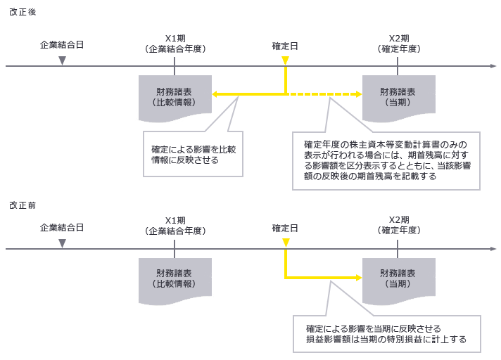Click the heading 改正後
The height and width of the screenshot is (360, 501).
pyautogui.click(x=23, y=13)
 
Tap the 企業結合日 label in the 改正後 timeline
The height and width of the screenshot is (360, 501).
pyautogui.click(x=62, y=45)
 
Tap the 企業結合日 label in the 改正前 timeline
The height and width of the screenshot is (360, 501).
pyautogui.click(x=62, y=228)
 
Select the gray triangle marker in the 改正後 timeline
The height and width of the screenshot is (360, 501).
pyautogui.click(x=62, y=61)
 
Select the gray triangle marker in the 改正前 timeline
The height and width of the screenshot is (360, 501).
pyautogui.click(x=62, y=243)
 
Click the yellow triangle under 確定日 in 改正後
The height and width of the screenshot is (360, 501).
pyautogui.click(x=285, y=61)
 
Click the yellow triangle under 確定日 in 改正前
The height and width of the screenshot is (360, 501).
pyautogui.click(x=285, y=243)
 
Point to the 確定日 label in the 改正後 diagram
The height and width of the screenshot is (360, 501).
pyautogui.click(x=285, y=46)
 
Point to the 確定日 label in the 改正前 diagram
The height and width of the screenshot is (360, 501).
pyautogui.click(x=285, y=229)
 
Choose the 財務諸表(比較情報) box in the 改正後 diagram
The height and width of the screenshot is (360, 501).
pyautogui.click(x=174, y=97)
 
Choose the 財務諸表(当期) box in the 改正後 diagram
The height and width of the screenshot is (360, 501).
pyautogui.click(x=397, y=97)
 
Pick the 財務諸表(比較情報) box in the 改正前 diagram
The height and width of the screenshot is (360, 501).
pyautogui.click(x=174, y=278)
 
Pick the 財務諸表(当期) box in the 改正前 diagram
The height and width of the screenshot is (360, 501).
pyautogui.click(x=397, y=278)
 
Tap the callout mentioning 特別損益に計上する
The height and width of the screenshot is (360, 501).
pyautogui.click(x=386, y=335)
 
